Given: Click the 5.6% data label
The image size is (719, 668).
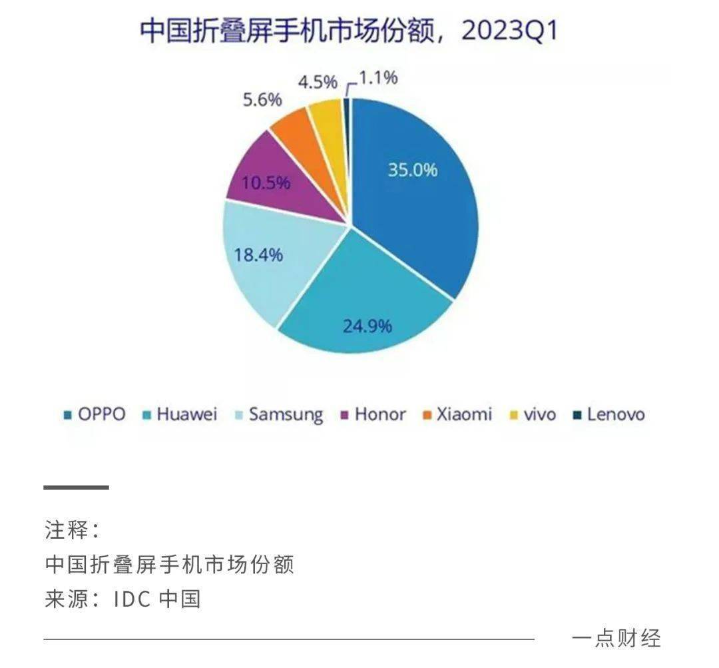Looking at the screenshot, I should (262, 99).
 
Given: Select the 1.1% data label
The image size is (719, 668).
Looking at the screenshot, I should (378, 78).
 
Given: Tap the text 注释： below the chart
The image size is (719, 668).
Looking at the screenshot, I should (73, 531).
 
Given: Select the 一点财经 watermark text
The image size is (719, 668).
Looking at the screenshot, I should (616, 638).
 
